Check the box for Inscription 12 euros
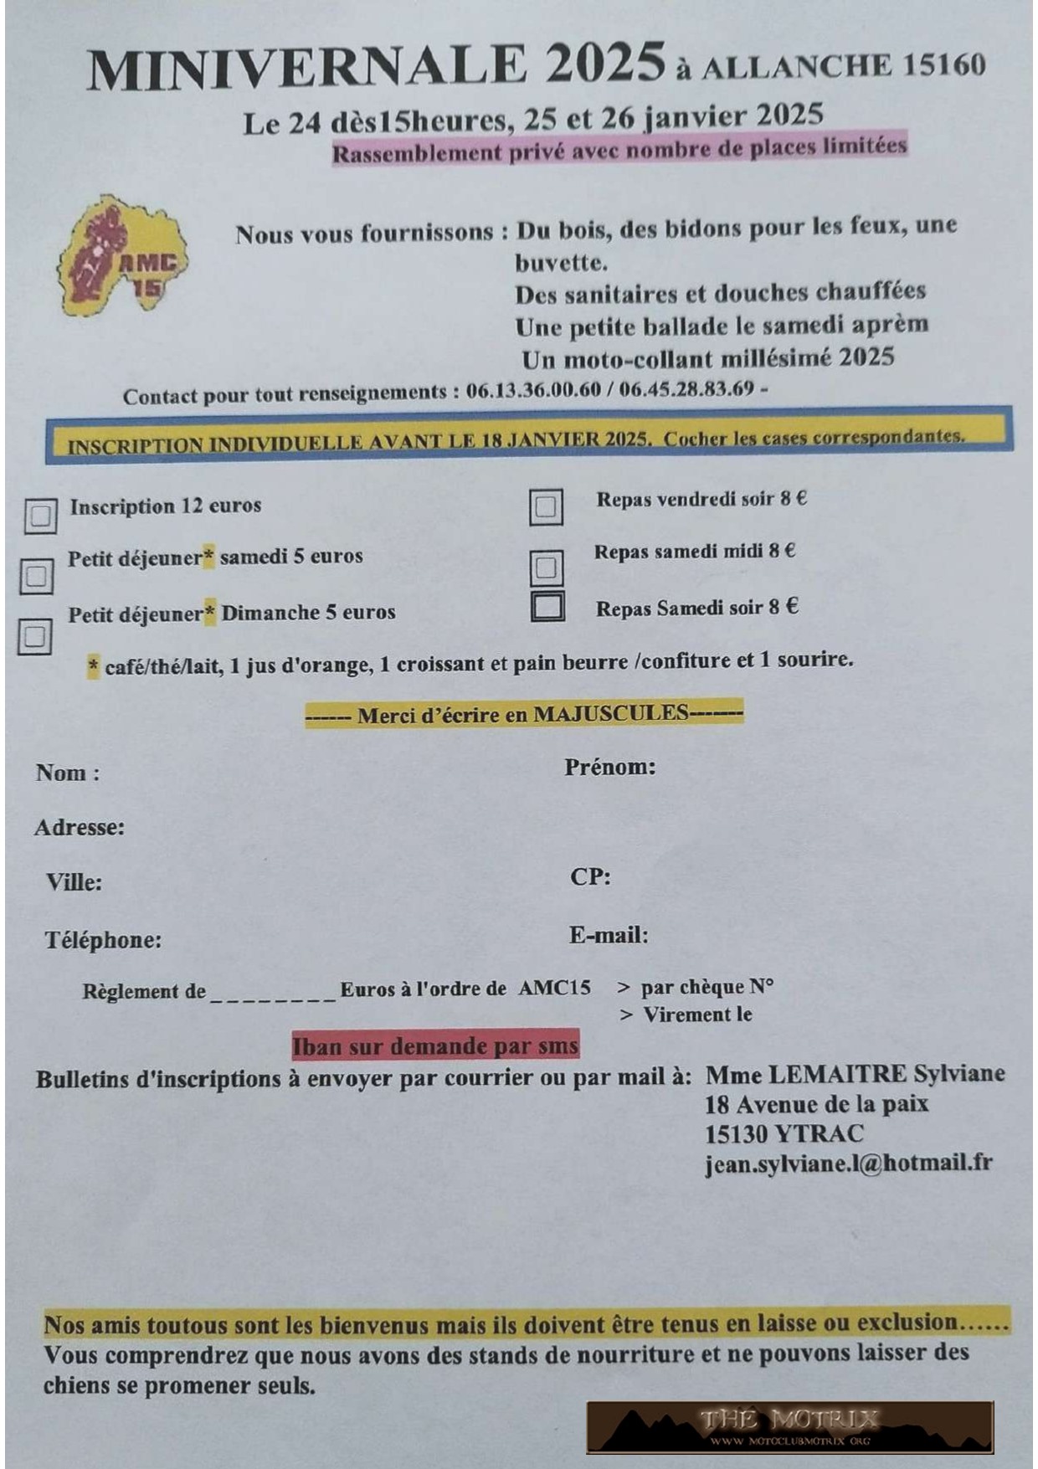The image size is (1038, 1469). (40, 516)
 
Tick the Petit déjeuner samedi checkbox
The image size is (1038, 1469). (36, 576)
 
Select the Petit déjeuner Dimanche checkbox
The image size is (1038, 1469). (34, 637)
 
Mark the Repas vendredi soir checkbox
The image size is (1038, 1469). (546, 507)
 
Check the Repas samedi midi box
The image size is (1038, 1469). (547, 568)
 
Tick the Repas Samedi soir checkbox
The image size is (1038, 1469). (547, 606)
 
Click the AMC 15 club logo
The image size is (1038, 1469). (122, 256)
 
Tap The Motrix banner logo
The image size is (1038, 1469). (789, 1426)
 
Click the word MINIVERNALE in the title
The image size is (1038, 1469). (306, 69)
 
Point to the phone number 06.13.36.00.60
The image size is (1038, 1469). (533, 391)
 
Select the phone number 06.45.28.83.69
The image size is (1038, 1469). (686, 390)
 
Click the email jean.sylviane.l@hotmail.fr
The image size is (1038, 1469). (848, 1163)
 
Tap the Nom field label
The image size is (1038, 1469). (67, 773)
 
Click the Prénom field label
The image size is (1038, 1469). (609, 767)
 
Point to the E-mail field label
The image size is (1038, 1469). (609, 935)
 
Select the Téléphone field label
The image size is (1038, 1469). (103, 940)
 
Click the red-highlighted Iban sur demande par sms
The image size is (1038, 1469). (435, 1046)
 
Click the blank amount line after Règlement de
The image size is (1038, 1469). (273, 993)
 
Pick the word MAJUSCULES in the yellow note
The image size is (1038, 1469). (610, 713)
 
